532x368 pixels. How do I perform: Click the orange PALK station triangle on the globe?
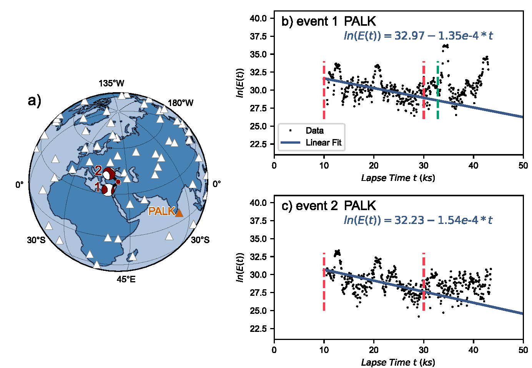179,212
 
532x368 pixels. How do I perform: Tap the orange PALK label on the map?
161,211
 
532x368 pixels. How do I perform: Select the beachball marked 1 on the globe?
109,190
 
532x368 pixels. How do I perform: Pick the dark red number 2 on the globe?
98,170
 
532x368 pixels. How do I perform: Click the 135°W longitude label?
111,83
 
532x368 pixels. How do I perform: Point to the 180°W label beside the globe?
181,103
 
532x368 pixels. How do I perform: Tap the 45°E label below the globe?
126,279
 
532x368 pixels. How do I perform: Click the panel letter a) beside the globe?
35,101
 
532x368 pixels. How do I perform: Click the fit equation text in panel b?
418,36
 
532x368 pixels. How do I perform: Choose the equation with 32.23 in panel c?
418,220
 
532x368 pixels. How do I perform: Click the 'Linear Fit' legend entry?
323,143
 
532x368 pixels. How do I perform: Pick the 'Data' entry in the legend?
314,131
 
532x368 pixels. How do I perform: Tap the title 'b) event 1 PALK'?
329,22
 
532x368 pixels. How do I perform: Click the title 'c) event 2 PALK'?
329,206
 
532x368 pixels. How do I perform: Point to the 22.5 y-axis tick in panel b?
258,144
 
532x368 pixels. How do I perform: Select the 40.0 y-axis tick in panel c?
258,203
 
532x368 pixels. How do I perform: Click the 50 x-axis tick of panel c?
523,350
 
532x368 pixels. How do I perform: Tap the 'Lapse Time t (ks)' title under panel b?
398,178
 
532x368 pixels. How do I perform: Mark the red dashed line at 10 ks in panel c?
324,282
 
